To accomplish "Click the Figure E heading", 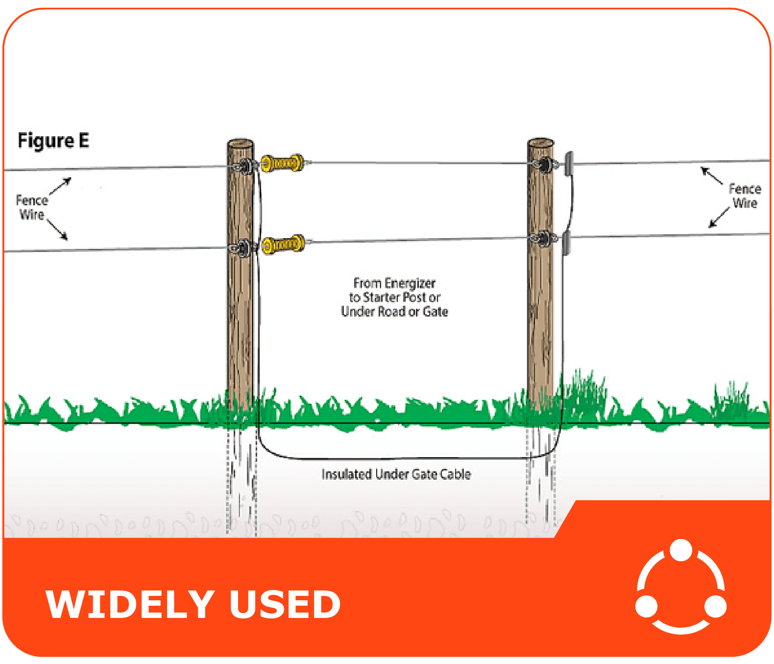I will [53, 141].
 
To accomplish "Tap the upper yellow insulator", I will [282, 163].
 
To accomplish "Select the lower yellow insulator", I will [283, 244].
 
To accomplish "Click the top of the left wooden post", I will [240, 144].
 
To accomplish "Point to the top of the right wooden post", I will [540, 143].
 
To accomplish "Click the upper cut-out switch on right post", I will [568, 164].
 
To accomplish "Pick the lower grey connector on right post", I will [566, 244].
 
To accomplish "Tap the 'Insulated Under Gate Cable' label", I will [396, 474].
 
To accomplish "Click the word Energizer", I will [410, 283].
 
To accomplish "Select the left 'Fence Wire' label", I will [32, 207].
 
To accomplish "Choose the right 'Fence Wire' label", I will [745, 196].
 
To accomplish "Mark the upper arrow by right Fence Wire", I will [711, 175].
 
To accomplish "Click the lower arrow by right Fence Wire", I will [719, 218].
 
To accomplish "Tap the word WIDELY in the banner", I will [130, 604].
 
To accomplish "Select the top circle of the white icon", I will [680, 550].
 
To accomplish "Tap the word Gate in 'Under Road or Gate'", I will [435, 312].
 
